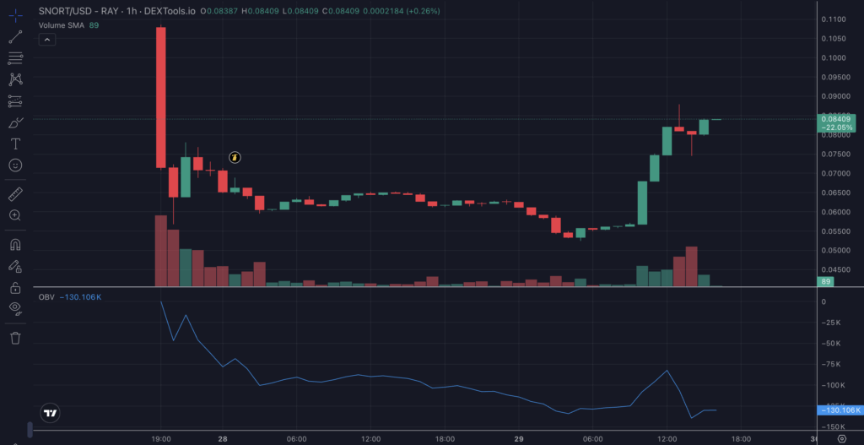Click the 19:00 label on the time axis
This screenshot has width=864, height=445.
[161, 439]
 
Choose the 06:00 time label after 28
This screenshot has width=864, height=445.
[296, 439]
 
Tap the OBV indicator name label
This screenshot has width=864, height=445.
[46, 297]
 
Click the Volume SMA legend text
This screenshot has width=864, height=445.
[62, 25]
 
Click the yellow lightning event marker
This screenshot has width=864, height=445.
[236, 157]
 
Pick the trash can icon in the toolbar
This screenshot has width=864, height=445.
[15, 339]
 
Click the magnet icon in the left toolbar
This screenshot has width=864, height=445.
[15, 246]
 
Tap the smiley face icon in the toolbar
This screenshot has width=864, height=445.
[15, 165]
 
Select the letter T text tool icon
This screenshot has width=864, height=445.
[15, 144]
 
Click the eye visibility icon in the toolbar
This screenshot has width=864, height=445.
[15, 307]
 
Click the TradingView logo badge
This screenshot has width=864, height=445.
[51, 414]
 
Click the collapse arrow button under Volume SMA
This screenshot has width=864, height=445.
[47, 40]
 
